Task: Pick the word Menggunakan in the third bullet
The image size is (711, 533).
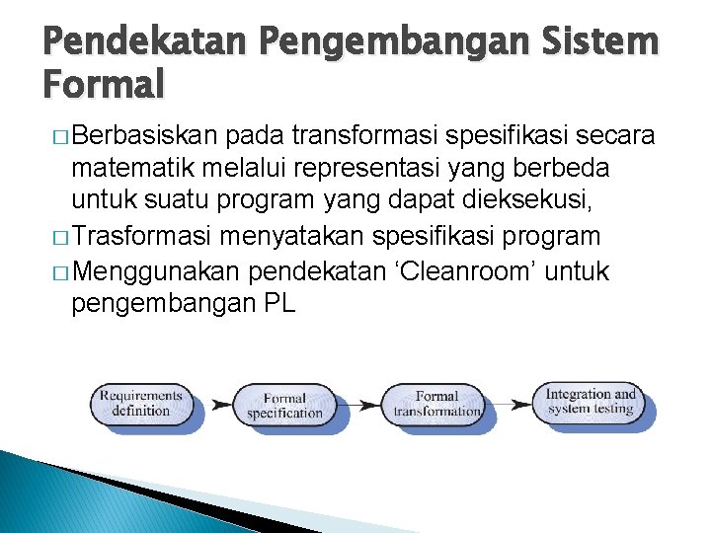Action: (x=159, y=271)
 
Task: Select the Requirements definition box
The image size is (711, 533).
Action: (x=141, y=403)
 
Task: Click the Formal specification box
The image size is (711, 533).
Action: (x=284, y=405)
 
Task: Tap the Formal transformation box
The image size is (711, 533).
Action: (x=435, y=405)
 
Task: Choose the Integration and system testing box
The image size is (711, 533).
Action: (x=591, y=401)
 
